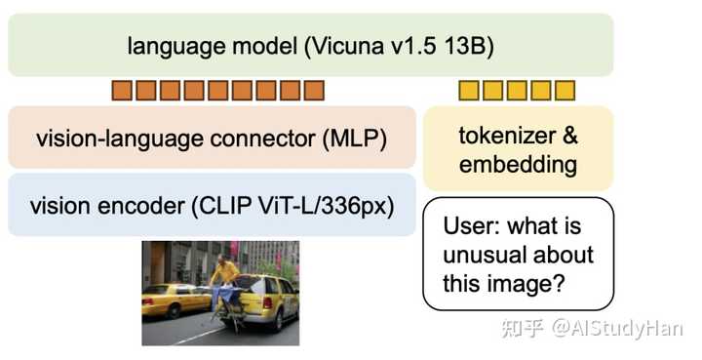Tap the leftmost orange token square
(122, 92)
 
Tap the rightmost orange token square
(313, 92)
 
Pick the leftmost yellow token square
(469, 92)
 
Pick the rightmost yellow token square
(565, 92)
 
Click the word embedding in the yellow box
(518, 164)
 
